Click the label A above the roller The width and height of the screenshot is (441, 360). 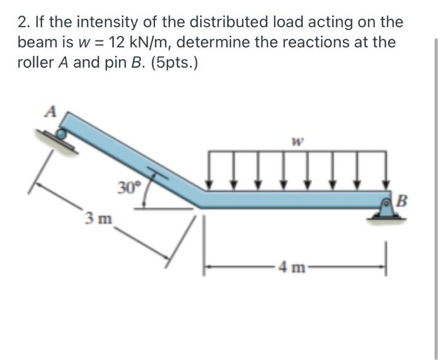tap(51, 113)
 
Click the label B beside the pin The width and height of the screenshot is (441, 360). tap(403, 203)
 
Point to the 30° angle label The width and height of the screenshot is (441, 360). tap(128, 187)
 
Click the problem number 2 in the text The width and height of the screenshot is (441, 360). tap(23, 23)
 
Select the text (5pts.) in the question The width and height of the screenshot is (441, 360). tap(171, 64)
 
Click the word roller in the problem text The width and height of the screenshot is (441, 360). tap(37, 64)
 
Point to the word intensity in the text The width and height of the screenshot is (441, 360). tap(96, 23)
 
